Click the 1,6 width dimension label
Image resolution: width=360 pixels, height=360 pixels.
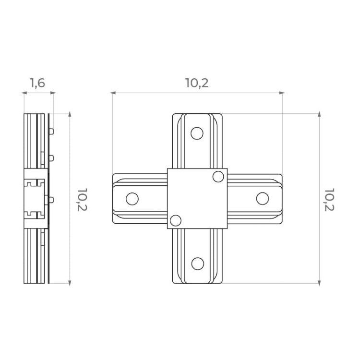[37, 83]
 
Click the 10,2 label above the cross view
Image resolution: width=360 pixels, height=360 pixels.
[197, 83]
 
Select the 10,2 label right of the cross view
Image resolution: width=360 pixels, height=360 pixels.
[329, 200]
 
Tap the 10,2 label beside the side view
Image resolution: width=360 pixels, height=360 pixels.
[82, 200]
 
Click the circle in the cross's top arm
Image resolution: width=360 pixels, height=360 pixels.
[197, 133]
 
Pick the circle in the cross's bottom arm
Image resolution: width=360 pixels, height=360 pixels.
[197, 264]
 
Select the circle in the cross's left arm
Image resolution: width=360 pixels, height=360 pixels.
[132, 199]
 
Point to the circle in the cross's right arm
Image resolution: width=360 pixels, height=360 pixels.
[263, 199]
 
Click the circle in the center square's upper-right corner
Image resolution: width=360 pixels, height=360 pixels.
[218, 177]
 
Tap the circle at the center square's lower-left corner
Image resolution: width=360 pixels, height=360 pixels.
[176, 221]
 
